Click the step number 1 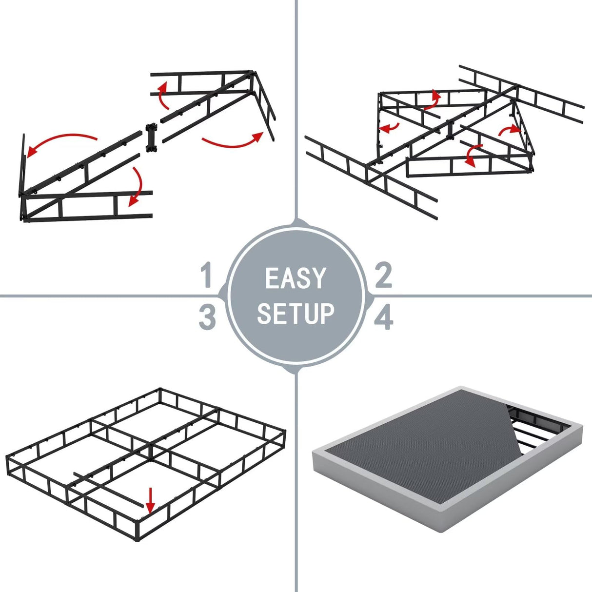pyautogui.click(x=207, y=275)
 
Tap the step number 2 pyautogui.click(x=383, y=275)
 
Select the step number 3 pyautogui.click(x=207, y=317)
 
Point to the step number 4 pyautogui.click(x=384, y=318)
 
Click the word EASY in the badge pyautogui.click(x=296, y=278)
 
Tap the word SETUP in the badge pyautogui.click(x=296, y=313)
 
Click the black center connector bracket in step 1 pyautogui.click(x=151, y=138)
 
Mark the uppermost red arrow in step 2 pyautogui.click(x=432, y=99)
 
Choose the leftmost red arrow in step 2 pyautogui.click(x=390, y=128)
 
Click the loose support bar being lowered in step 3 pyautogui.click(x=110, y=488)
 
